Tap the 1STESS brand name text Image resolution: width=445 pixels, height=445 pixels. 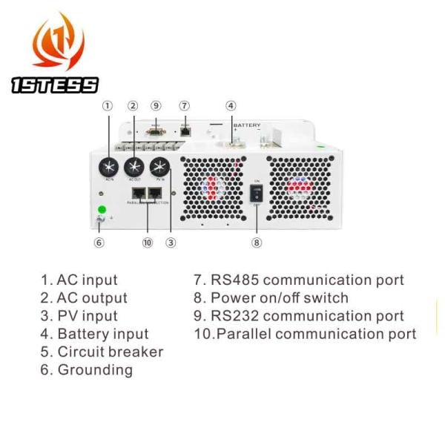tap(55, 85)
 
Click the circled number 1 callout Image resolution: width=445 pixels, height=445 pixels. tap(108, 106)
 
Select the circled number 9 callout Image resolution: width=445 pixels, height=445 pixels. tap(156, 106)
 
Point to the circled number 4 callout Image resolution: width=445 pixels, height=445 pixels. tap(231, 106)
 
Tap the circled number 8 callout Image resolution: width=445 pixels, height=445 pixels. tap(257, 242)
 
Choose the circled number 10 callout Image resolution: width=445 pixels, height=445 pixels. tap(147, 242)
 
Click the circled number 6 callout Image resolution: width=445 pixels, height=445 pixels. tap(99, 242)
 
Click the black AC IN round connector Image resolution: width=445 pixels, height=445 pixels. tap(110, 166)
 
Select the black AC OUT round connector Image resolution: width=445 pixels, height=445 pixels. tap(134, 166)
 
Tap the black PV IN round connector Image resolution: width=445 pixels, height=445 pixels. tap(159, 166)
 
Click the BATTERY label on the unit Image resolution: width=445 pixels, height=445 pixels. tap(247, 125)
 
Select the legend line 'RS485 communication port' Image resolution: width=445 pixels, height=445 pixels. tap(299, 280)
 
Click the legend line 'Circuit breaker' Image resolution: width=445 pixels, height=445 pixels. tap(102, 352)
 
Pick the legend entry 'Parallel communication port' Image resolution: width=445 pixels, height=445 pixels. tap(305, 334)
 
